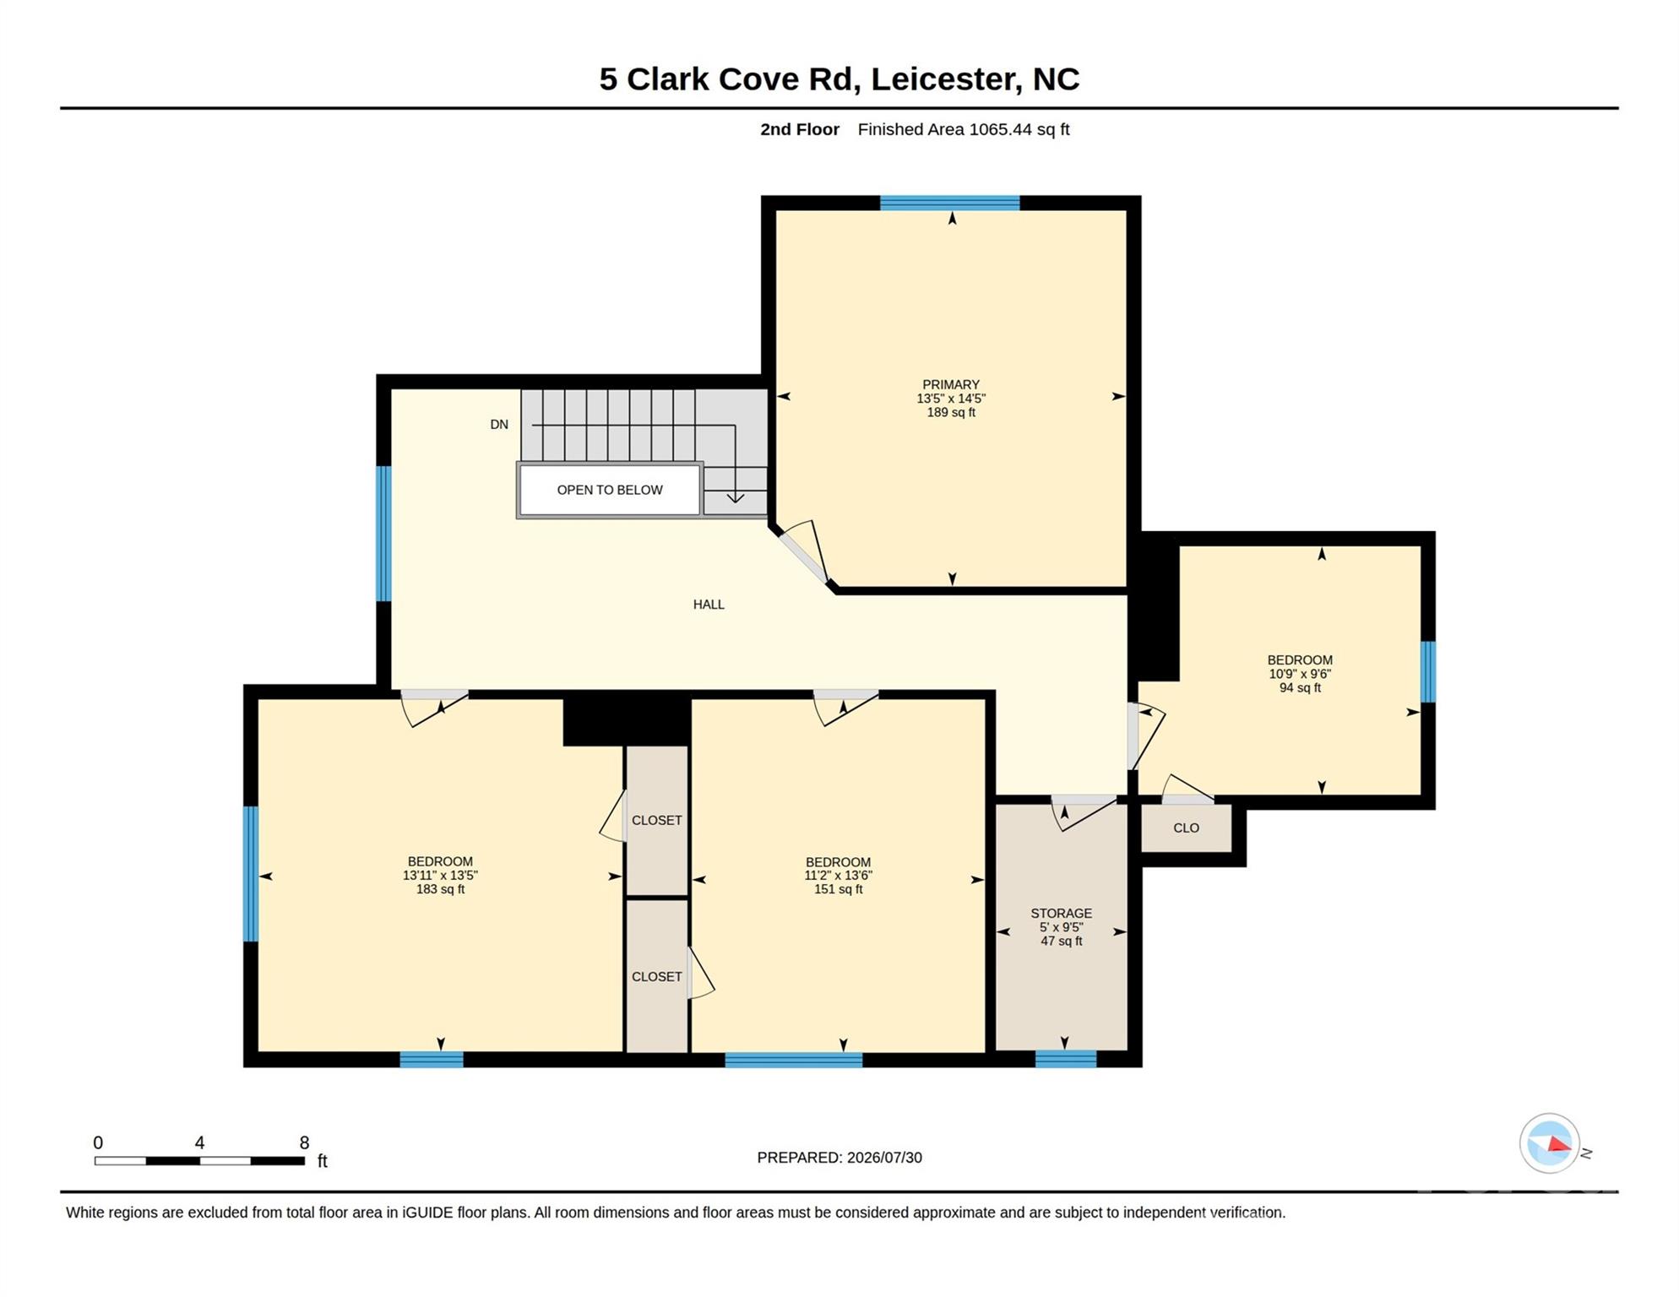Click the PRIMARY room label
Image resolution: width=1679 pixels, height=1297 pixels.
(951, 384)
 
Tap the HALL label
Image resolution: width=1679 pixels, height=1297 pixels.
(709, 605)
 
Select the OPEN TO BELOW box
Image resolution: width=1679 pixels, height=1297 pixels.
(610, 490)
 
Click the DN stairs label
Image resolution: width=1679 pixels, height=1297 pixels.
(499, 425)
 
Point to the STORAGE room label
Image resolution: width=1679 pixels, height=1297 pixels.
(1062, 914)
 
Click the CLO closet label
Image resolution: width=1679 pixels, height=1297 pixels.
(1187, 828)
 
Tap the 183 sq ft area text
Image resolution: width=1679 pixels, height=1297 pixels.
(440, 889)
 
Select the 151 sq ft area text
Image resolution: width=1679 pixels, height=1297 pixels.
(838, 889)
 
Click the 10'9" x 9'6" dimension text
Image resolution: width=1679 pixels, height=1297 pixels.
(1300, 674)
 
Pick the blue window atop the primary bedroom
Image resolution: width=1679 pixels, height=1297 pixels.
(950, 203)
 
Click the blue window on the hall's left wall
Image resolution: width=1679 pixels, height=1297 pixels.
(383, 534)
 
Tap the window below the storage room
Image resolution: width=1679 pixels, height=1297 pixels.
(1066, 1059)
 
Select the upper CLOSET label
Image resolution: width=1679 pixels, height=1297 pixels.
(657, 821)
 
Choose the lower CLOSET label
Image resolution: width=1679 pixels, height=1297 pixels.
(657, 977)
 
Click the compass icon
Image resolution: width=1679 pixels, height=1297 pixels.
(1550, 1144)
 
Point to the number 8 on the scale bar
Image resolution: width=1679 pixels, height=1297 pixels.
(304, 1143)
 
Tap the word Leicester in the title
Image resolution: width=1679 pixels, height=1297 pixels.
(943, 79)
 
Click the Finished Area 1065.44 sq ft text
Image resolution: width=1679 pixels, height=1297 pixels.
(964, 129)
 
